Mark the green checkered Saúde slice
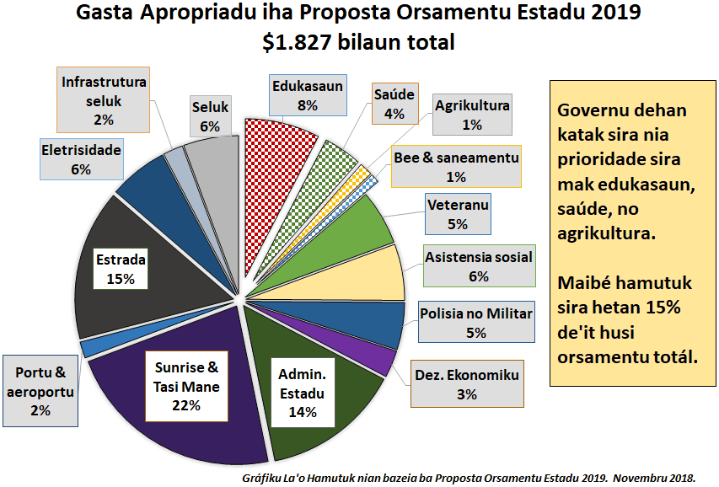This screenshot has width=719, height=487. pyautogui.click(x=337, y=160)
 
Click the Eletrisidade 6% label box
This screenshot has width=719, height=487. pyautogui.click(x=82, y=159)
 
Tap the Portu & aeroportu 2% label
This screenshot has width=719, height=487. pyautogui.click(x=40, y=390)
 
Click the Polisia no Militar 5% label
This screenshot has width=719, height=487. pyautogui.click(x=476, y=323)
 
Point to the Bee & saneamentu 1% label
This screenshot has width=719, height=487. pyautogui.click(x=457, y=166)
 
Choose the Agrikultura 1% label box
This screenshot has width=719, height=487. pyautogui.click(x=472, y=115)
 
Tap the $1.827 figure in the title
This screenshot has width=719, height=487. pyautogui.click(x=298, y=41)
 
